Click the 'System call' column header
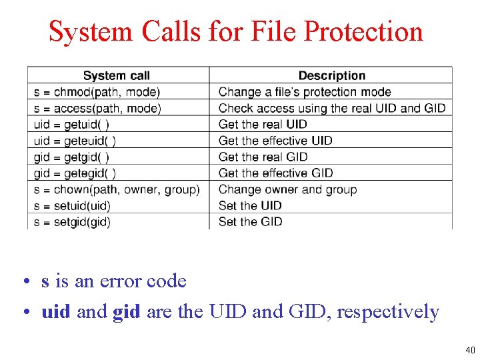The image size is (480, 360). tap(117, 76)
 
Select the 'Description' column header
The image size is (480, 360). tap(331, 76)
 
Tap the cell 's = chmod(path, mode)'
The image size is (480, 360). tap(97, 92)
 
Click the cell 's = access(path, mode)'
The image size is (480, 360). tap(98, 108)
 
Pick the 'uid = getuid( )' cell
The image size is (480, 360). tap(72, 124)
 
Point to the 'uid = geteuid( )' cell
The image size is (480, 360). tap(75, 141)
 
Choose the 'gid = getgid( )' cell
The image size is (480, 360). tap(71, 157)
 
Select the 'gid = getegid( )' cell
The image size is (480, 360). tap(75, 173)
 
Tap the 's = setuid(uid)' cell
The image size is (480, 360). tap(72, 205)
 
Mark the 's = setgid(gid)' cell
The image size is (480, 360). tap(72, 221)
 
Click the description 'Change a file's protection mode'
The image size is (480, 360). tap(305, 92)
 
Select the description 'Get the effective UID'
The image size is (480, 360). tap(275, 141)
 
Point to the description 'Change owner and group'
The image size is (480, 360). tap(287, 189)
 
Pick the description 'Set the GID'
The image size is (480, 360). tap(250, 221)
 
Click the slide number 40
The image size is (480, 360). tap(469, 350)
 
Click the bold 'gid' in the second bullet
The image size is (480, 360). tap(127, 312)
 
